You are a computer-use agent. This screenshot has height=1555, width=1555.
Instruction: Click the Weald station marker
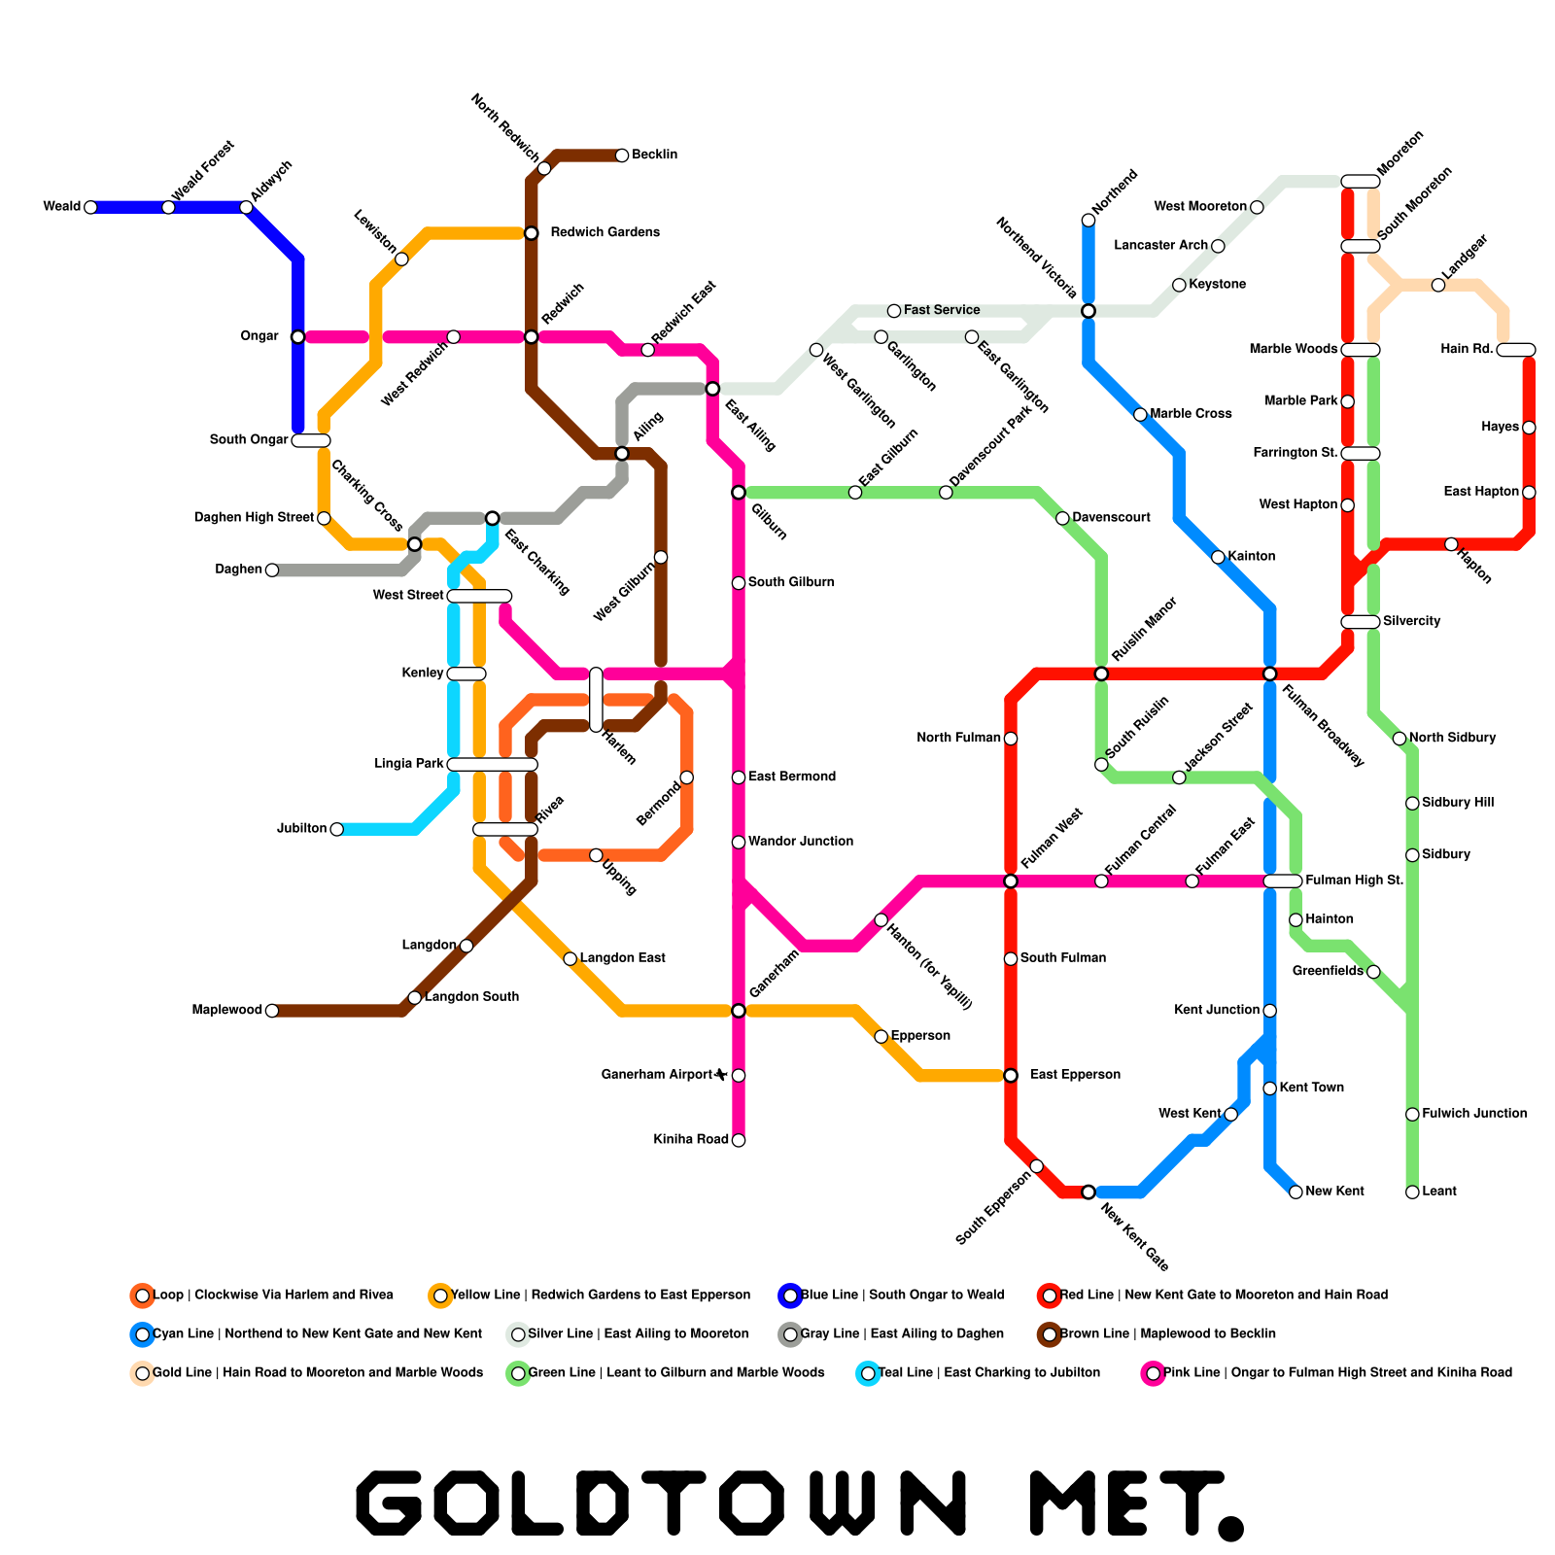click(90, 207)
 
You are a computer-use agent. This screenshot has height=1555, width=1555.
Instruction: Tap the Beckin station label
click(654, 155)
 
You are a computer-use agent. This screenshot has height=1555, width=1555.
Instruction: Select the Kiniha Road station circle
click(739, 1140)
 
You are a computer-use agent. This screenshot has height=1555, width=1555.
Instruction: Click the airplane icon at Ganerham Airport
click(721, 1074)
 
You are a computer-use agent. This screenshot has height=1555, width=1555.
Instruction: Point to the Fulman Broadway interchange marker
click(1269, 674)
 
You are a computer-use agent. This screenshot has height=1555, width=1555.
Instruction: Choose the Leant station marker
click(1412, 1192)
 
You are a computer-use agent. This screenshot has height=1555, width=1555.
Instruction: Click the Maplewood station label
click(226, 1011)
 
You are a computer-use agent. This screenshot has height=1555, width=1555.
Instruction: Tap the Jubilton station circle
click(336, 829)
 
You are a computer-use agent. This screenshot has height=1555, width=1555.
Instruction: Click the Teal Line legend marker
click(868, 1373)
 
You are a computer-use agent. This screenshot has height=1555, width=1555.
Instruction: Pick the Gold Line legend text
click(318, 1373)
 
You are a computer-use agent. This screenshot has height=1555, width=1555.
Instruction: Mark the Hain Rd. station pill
click(1515, 350)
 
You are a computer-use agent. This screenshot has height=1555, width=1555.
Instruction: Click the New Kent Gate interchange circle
click(1088, 1192)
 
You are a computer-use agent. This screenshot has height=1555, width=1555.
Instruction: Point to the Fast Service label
click(942, 310)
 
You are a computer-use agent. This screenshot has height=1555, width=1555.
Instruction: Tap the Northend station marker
click(1088, 221)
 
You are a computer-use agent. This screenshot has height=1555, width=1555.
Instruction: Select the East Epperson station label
click(1075, 1075)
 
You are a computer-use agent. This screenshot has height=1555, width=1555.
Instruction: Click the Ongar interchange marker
click(297, 336)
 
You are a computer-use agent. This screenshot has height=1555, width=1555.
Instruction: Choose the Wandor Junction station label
click(801, 842)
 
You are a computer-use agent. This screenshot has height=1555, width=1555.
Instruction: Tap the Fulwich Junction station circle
click(1412, 1114)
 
